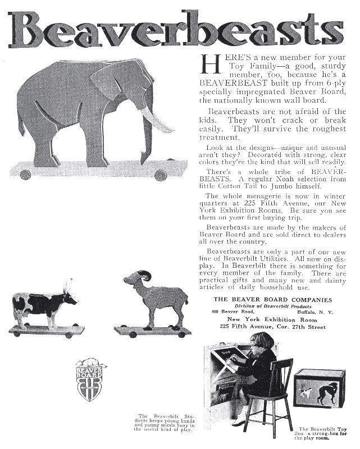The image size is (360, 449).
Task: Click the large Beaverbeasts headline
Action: coord(180,28)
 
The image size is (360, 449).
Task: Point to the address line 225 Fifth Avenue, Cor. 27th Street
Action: coord(272,326)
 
